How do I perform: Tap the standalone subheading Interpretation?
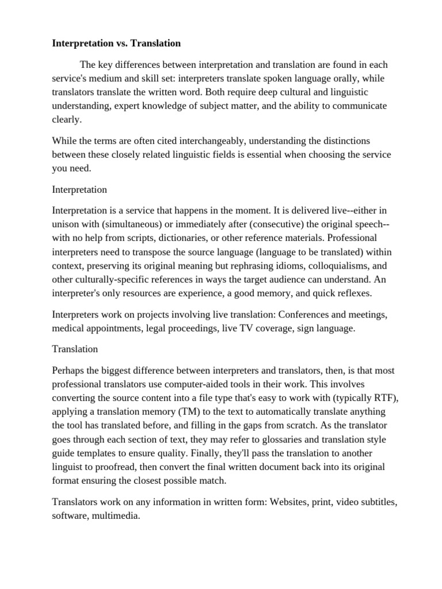point(79,189)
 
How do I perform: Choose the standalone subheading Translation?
point(75,349)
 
